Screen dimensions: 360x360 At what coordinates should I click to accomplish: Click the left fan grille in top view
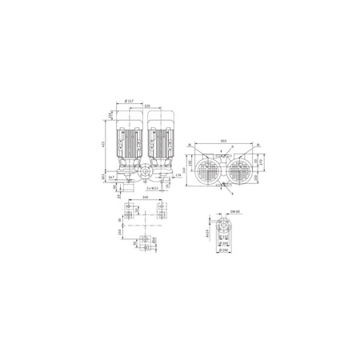click(x=207, y=170)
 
